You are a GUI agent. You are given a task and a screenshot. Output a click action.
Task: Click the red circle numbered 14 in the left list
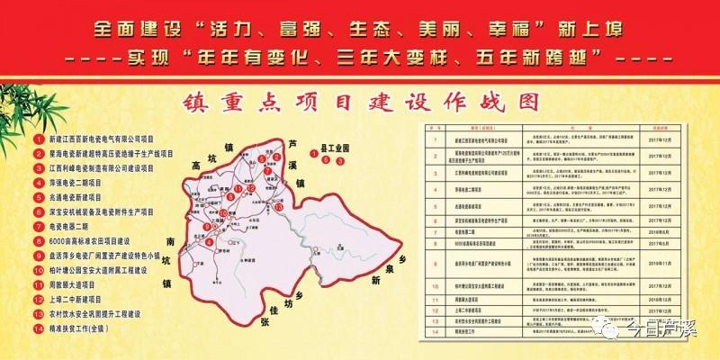[x=37, y=328]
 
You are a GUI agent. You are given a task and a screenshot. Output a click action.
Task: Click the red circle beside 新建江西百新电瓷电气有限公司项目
[x=37, y=139]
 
